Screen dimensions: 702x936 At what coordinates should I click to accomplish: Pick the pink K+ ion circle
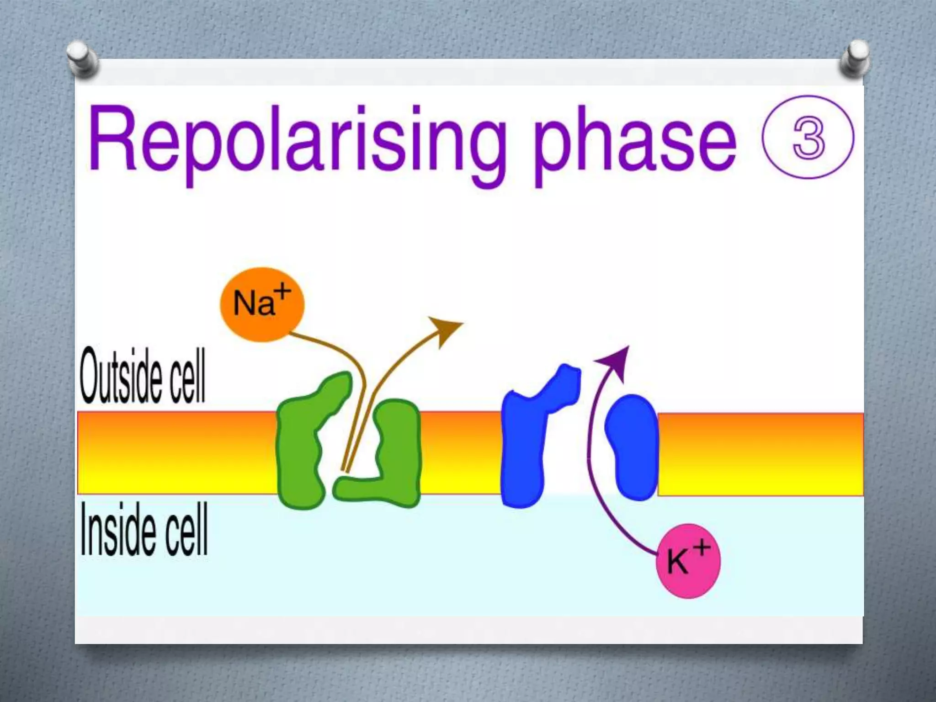[x=688, y=561]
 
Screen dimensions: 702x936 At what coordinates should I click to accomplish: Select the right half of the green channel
[x=393, y=457]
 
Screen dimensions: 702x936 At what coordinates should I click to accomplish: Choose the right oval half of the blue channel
[x=633, y=448]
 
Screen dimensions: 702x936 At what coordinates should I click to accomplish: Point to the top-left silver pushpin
[x=83, y=58]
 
